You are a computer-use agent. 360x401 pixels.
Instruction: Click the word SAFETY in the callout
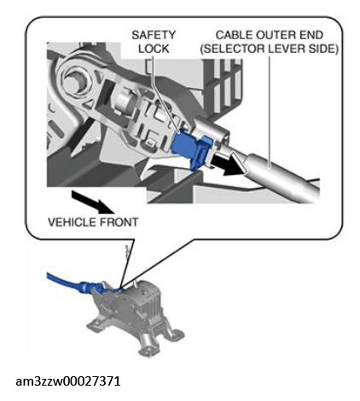point(154,35)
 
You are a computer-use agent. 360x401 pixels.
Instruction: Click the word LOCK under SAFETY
point(154,49)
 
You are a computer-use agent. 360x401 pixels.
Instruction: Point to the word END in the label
point(310,35)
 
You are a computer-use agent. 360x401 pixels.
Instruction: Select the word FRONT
point(118,222)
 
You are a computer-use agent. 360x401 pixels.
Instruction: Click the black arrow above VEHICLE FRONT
point(92,202)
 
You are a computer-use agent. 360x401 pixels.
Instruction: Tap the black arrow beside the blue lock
point(229,165)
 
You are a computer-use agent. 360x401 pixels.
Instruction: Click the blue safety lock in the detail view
point(191,150)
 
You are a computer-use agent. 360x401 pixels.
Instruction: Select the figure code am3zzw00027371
point(68,381)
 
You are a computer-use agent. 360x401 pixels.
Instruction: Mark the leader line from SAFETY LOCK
point(165,94)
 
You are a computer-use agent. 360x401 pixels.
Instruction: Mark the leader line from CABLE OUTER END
point(270,112)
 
